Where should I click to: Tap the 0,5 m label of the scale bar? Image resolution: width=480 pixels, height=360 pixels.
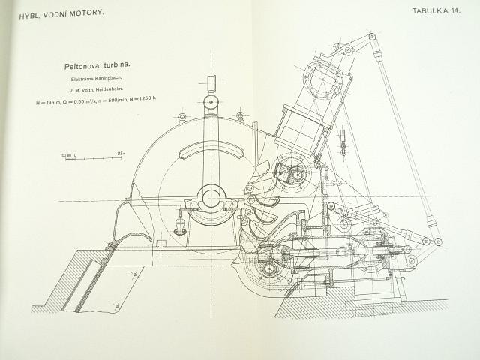click(x=120, y=153)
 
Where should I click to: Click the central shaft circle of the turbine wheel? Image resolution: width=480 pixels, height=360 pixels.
click(x=211, y=198)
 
